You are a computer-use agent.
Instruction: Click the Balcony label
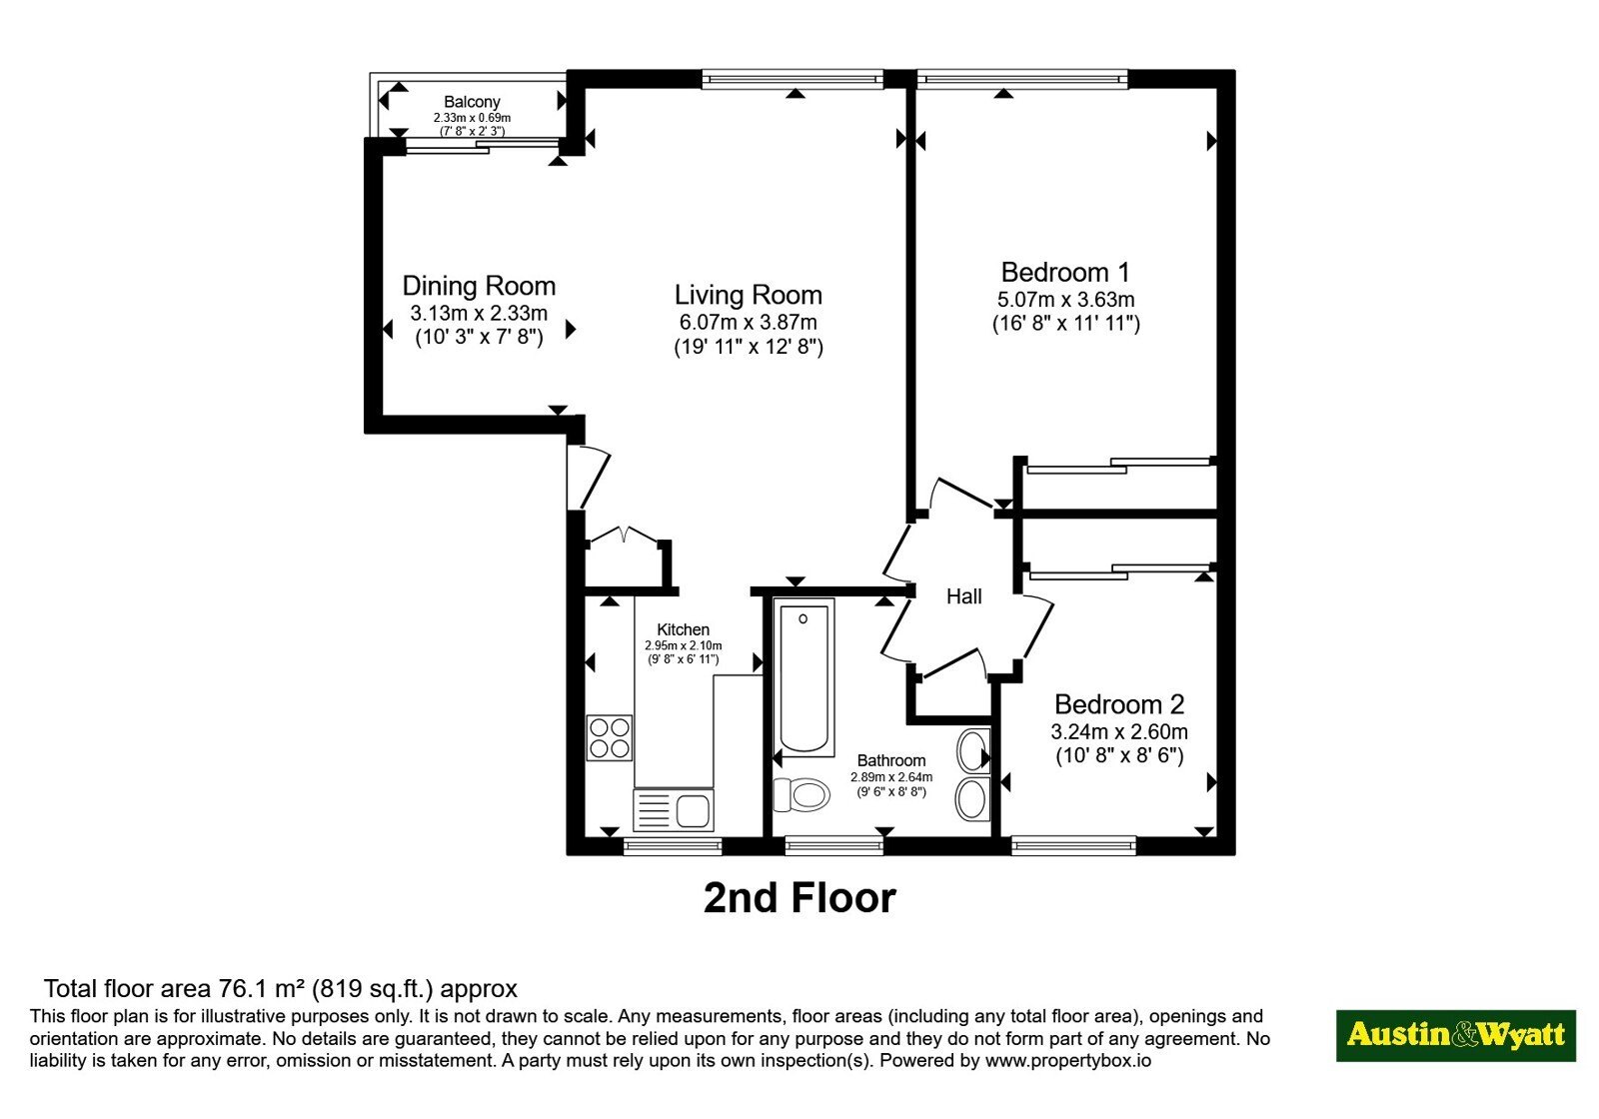point(472,102)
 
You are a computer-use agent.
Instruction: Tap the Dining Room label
point(479,286)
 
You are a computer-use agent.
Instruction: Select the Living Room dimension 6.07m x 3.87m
point(749,322)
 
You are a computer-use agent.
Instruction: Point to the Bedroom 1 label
point(1065,272)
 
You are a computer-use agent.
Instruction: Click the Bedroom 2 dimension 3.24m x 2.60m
point(1119,731)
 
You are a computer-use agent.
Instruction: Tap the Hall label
point(963,596)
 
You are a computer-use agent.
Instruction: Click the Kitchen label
point(684,629)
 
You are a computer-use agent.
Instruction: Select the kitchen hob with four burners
point(610,738)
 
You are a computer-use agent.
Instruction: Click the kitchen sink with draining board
point(674,810)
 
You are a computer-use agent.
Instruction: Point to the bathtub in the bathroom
point(803,677)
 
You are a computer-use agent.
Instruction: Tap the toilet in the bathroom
point(800,794)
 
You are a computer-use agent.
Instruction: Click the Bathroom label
point(890,760)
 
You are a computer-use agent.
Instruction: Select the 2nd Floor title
point(799,898)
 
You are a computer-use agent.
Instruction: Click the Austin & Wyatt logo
point(1455,1035)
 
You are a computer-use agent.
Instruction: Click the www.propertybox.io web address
point(1068,1060)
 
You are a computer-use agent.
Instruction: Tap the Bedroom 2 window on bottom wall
point(1073,845)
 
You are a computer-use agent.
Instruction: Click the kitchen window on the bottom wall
point(673,845)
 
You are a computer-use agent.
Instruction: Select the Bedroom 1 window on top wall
point(1022,79)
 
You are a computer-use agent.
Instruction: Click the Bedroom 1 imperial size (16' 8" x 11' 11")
point(1065,324)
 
